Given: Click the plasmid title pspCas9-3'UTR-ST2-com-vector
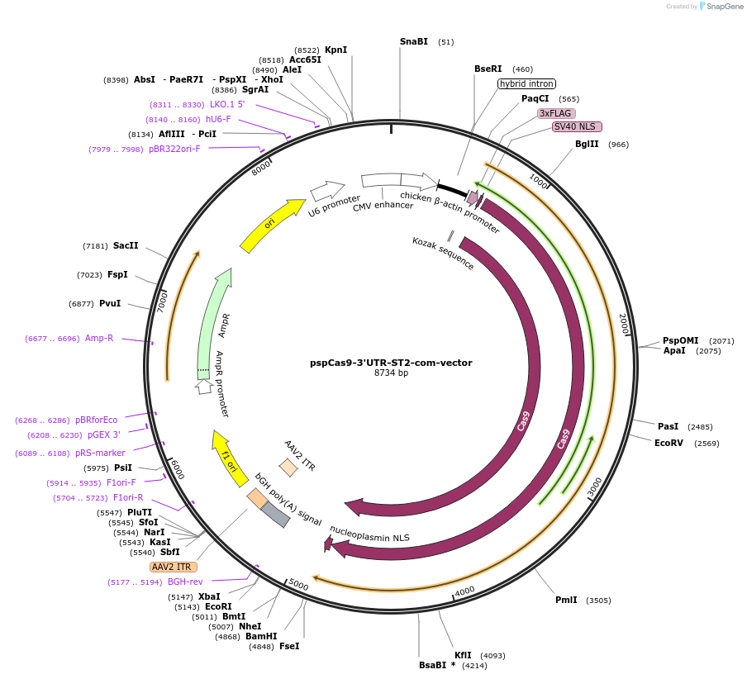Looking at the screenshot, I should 391,362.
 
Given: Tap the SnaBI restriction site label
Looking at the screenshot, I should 413,41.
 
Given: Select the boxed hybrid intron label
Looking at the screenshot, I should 526,83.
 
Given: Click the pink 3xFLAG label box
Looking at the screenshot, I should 556,113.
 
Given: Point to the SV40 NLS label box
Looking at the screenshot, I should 577,126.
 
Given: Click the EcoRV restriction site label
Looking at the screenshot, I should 669,443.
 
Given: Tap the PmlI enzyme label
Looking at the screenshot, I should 566,600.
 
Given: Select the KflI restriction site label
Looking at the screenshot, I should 463,655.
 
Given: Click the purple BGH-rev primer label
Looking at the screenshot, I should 185,582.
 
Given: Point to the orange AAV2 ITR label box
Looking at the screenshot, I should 172,567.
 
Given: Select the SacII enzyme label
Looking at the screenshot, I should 126,245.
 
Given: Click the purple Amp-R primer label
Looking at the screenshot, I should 99,338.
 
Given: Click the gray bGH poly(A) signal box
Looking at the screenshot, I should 275,515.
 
